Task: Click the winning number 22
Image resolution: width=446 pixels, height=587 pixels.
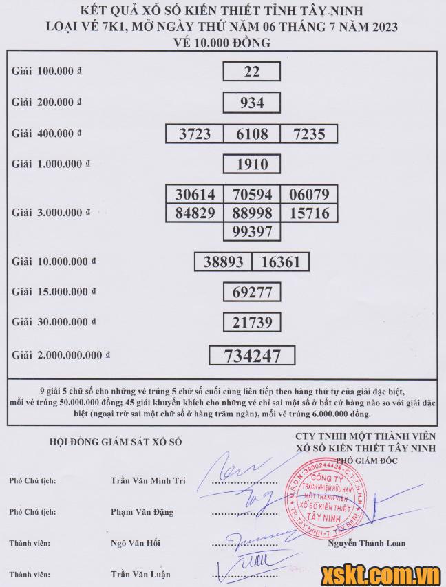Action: point(251,72)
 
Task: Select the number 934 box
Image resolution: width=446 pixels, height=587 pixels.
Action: point(251,103)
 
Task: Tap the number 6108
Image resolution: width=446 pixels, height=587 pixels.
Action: point(251,134)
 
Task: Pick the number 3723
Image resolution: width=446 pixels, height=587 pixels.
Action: point(195,134)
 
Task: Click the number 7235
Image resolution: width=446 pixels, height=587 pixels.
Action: point(308,134)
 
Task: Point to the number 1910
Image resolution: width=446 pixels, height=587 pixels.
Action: point(251,164)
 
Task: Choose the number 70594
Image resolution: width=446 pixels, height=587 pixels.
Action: point(251,195)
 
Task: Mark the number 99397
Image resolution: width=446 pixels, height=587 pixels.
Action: point(251,231)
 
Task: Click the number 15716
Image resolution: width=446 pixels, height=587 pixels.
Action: point(310,213)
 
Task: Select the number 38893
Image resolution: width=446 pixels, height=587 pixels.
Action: point(224,262)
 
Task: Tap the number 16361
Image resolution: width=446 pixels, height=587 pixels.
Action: point(281,262)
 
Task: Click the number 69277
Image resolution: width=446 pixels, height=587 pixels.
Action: point(251,292)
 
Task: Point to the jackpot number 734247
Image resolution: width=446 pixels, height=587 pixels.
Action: point(252,355)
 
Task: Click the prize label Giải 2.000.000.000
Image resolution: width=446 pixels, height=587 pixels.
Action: point(61,355)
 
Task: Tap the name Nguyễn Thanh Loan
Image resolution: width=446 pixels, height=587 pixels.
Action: point(367,543)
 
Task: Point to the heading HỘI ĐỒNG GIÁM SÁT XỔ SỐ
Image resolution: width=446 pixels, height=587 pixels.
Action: point(116,442)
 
